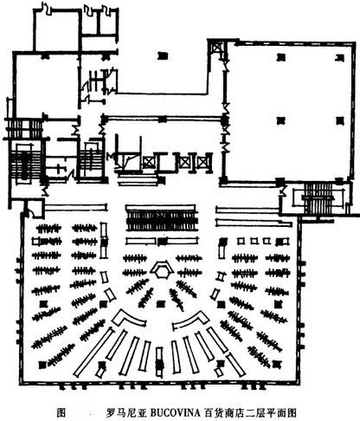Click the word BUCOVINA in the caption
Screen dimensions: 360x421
click(x=176, y=412)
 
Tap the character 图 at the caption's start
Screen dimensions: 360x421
click(x=61, y=412)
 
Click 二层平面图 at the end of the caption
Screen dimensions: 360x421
click(x=271, y=412)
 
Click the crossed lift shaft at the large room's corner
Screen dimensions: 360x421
click(x=217, y=49)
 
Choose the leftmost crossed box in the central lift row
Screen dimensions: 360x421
click(x=149, y=162)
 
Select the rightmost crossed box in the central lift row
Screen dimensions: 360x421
click(x=202, y=162)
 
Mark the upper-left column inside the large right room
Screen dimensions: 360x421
click(x=281, y=57)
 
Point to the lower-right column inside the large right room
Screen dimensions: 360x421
click(x=340, y=120)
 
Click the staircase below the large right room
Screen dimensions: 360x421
click(x=318, y=198)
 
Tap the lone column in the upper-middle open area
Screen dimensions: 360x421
click(x=163, y=55)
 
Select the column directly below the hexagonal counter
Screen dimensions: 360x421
click(x=161, y=304)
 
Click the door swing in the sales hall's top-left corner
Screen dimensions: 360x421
click(x=29, y=211)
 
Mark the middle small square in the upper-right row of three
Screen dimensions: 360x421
click(x=254, y=241)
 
